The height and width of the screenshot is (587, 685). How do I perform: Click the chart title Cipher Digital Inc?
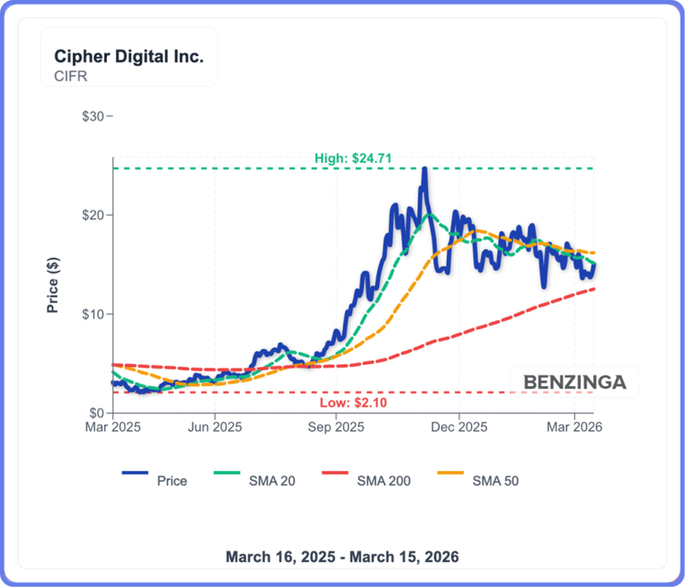tap(128, 56)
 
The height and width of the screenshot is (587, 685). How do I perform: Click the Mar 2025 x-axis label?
tap(113, 427)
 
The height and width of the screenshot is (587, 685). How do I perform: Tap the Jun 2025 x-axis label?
tap(215, 427)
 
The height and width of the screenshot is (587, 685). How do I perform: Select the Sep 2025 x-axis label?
tap(336, 427)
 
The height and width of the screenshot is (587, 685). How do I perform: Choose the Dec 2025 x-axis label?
tap(458, 427)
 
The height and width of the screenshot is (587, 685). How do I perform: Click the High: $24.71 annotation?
tap(354, 159)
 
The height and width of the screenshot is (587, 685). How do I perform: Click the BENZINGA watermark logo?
tap(574, 383)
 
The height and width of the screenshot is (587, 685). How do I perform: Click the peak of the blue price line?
tap(425, 169)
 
